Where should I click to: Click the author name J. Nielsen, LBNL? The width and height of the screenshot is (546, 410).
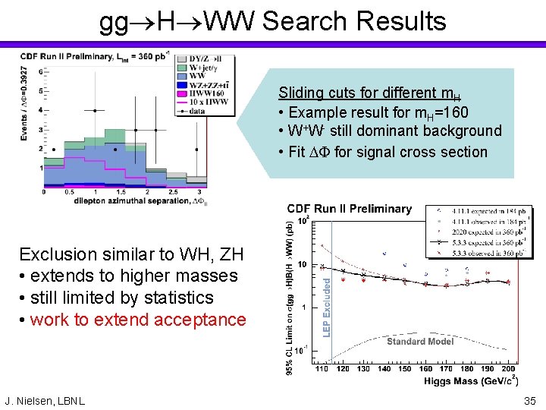[45, 400]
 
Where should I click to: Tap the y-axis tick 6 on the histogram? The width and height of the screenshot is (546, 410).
[37, 71]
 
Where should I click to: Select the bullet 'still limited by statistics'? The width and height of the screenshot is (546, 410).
[121, 298]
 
